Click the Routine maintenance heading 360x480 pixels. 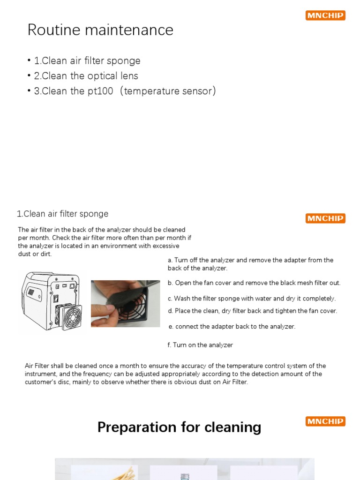(x=100, y=30)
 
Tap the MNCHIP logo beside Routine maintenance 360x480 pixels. (x=325, y=15)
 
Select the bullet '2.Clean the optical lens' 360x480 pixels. (x=86, y=76)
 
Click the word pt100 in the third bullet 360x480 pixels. (x=99, y=91)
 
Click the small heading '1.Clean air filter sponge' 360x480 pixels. (x=62, y=214)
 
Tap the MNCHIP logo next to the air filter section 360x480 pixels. (x=325, y=218)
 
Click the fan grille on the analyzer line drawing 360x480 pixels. (x=68, y=317)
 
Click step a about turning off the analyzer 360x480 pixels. (x=250, y=264)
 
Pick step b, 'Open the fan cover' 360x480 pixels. (x=254, y=283)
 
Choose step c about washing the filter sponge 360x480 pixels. (x=252, y=299)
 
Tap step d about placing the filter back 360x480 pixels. (x=252, y=310)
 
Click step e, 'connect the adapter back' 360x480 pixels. (x=232, y=326)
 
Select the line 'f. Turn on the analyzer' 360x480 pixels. (x=200, y=345)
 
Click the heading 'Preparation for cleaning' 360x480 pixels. (x=179, y=427)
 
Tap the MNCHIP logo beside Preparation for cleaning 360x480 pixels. (x=325, y=421)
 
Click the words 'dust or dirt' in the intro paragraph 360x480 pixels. (x=35, y=254)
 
